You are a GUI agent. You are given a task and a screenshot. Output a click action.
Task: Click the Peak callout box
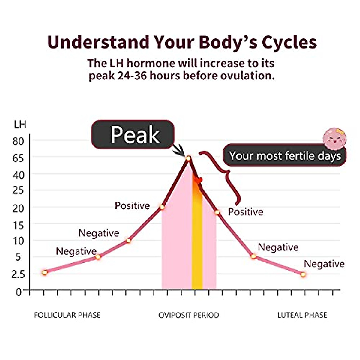[x=133, y=134]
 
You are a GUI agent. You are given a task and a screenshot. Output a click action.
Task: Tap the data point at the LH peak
[x=188, y=158]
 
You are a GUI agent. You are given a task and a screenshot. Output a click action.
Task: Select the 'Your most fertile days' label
[x=285, y=156]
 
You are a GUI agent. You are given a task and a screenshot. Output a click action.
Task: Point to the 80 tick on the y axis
[x=18, y=141]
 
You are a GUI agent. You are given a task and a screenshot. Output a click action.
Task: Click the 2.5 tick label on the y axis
[x=18, y=274]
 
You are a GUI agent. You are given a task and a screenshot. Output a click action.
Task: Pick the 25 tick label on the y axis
[x=18, y=190]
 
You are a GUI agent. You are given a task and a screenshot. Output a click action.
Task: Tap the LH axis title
[x=20, y=124]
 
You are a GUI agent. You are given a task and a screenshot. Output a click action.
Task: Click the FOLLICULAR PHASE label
[x=67, y=315]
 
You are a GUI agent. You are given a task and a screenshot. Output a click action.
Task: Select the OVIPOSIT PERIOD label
[x=189, y=315]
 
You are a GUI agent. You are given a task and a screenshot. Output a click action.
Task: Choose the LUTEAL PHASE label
[x=302, y=315]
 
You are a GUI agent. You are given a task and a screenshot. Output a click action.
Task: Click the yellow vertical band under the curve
[x=197, y=240]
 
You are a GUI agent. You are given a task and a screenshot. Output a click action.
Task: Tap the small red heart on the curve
[x=198, y=180]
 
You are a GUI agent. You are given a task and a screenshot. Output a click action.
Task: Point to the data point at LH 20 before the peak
[x=162, y=207]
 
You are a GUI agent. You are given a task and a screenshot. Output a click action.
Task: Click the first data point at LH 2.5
[x=45, y=273]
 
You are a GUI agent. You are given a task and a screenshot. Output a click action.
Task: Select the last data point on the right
[x=303, y=274]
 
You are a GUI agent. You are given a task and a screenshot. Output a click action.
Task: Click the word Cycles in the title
[x=289, y=42]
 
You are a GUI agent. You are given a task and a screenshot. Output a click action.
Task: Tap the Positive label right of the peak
[x=245, y=212]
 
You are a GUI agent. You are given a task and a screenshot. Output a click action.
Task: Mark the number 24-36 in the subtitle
[x=132, y=76]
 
